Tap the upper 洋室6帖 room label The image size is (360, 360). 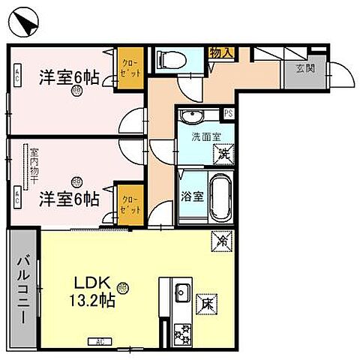click(x=68, y=76)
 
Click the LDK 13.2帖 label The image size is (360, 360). click(x=94, y=292)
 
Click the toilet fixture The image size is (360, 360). click(x=166, y=58)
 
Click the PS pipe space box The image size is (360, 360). click(x=229, y=114)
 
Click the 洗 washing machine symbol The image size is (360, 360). click(x=223, y=154)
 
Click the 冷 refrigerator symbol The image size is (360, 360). click(x=223, y=241)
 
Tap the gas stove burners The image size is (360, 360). click(x=181, y=330)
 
